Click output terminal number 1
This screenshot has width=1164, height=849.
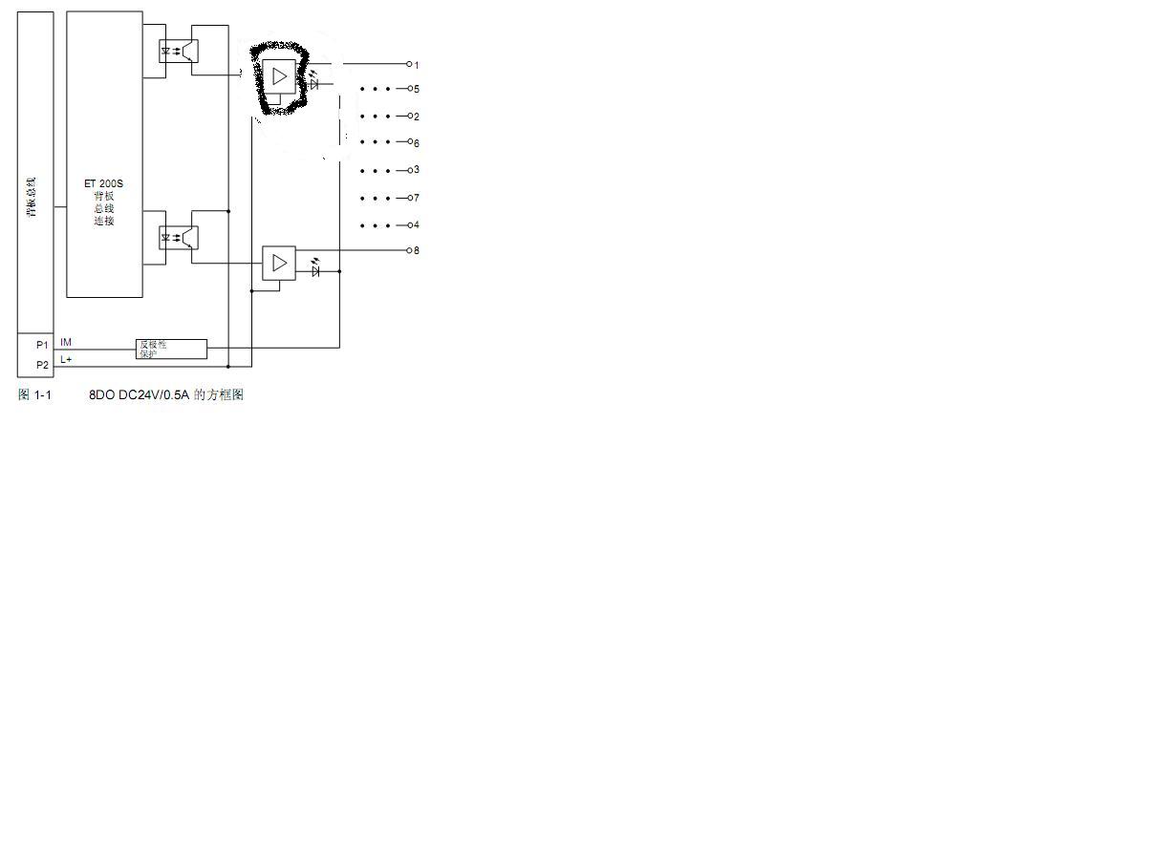pyautogui.click(x=410, y=64)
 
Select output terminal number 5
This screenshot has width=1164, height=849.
pyautogui.click(x=411, y=89)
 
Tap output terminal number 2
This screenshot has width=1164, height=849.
pyautogui.click(x=411, y=116)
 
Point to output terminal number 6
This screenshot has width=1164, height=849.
pyautogui.click(x=411, y=141)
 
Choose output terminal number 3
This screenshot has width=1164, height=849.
pyautogui.click(x=411, y=170)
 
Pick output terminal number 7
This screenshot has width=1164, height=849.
pyautogui.click(x=411, y=198)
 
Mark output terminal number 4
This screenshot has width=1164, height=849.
pyautogui.click(x=411, y=225)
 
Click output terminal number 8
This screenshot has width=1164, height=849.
pyautogui.click(x=410, y=250)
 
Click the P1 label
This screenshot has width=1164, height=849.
pyautogui.click(x=42, y=345)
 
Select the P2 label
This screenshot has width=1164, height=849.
pyautogui.click(x=42, y=365)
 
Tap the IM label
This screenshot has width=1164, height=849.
pyautogui.click(x=66, y=342)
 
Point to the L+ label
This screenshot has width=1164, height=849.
pyautogui.click(x=66, y=359)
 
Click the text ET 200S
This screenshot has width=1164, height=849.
pyautogui.click(x=103, y=183)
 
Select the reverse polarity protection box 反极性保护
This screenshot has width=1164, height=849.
pyautogui.click(x=172, y=349)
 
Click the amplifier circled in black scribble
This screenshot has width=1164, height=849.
pyautogui.click(x=279, y=75)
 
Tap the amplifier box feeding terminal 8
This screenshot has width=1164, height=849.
pyautogui.click(x=279, y=263)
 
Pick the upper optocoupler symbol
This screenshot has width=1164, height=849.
pyautogui.click(x=178, y=51)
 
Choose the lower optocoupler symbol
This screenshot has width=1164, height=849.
pyautogui.click(x=178, y=237)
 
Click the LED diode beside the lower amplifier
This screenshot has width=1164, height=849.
pyautogui.click(x=315, y=271)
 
